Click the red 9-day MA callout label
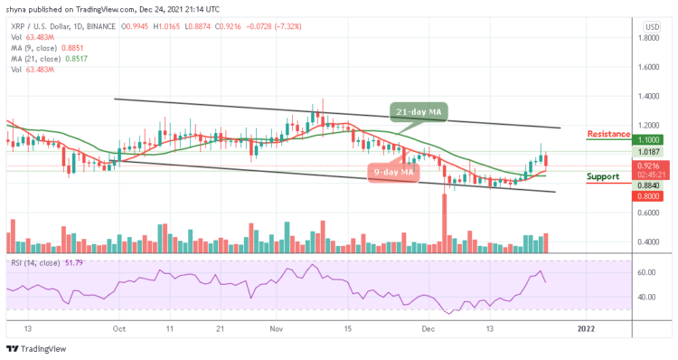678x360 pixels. coord(395,172)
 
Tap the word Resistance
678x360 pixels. coord(608,134)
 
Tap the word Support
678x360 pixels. coord(602,176)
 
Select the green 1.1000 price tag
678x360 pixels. coord(650,140)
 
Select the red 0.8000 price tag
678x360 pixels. coord(650,195)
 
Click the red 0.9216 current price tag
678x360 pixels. coord(650,166)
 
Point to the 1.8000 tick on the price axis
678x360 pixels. coord(649,38)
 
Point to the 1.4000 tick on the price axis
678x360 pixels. coord(649,96)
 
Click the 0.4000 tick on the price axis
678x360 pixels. coord(649,242)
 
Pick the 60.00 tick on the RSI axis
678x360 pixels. coord(647,272)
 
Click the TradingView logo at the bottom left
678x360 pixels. coord(36,349)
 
